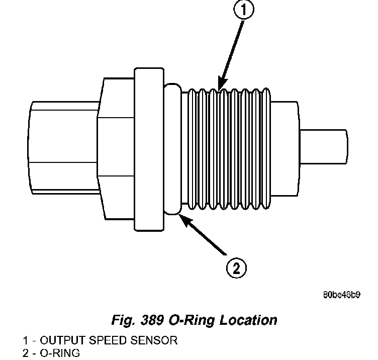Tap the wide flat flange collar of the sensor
point(149,146)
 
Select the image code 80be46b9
point(342,295)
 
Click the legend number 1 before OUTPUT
point(25,340)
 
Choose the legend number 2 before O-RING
point(25,353)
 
